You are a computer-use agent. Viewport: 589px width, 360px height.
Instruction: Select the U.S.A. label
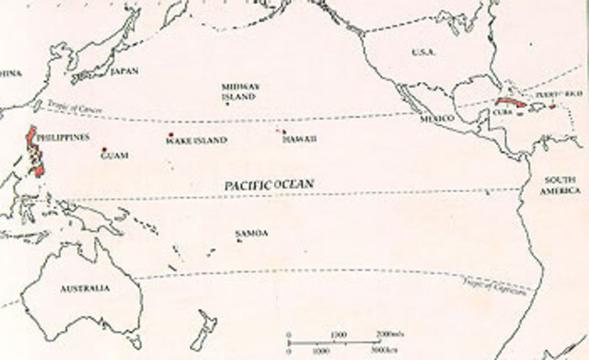tap(423, 52)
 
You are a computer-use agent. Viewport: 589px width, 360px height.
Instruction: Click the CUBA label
tap(502, 112)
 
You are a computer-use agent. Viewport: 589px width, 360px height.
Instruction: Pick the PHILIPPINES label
tap(67, 137)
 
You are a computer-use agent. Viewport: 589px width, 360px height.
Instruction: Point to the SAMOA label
tap(252, 234)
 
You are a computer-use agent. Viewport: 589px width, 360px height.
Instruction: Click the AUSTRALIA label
tap(85, 288)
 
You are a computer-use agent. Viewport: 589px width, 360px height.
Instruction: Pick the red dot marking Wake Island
tap(171, 135)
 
